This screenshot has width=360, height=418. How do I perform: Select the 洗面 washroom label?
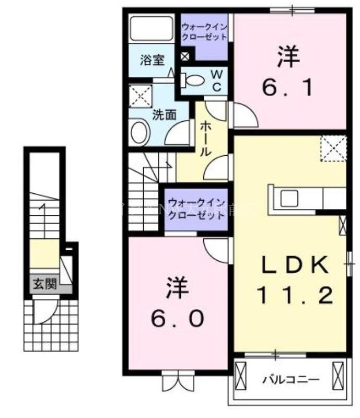(163, 114)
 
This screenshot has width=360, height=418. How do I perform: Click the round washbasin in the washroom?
(140, 131)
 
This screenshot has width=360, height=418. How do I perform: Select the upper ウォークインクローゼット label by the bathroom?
(204, 32)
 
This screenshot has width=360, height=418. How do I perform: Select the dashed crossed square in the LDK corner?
(333, 148)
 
